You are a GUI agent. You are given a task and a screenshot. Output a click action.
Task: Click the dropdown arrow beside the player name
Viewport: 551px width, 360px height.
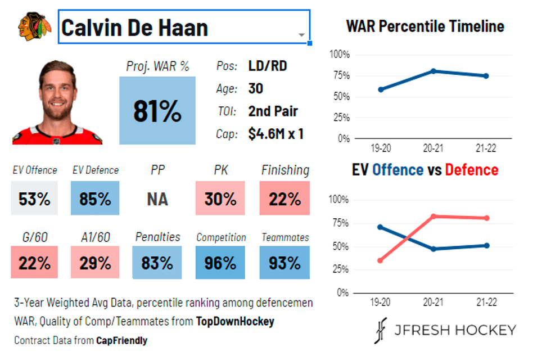click(x=301, y=35)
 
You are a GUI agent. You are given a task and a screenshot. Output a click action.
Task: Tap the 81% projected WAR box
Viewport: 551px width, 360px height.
click(x=157, y=111)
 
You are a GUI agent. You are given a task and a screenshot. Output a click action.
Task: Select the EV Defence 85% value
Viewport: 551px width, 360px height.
click(x=95, y=199)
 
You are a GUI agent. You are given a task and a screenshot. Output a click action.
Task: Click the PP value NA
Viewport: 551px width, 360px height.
click(x=157, y=199)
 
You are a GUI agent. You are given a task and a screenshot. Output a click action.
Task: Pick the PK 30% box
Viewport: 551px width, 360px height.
click(x=220, y=199)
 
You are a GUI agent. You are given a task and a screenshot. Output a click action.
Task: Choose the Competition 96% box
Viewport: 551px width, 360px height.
click(x=220, y=263)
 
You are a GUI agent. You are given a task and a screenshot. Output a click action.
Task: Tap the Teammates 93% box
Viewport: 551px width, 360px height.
click(x=285, y=263)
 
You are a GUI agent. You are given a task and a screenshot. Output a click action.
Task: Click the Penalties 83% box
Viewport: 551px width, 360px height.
click(x=157, y=263)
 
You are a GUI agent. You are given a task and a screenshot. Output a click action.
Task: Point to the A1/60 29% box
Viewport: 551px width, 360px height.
click(x=95, y=263)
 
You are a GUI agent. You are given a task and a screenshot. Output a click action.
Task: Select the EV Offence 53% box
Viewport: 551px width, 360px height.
click(x=34, y=199)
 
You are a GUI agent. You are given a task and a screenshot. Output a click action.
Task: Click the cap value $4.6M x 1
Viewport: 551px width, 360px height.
click(x=276, y=134)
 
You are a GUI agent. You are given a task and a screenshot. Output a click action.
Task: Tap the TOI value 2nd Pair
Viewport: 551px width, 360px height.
click(x=273, y=111)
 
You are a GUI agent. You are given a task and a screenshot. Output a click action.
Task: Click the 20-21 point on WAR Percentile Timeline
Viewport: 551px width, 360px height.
click(x=433, y=71)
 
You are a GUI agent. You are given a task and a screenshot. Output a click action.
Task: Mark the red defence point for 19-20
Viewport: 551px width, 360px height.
click(x=381, y=260)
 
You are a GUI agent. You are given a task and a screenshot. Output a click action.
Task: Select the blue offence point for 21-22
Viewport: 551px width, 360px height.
click(x=486, y=245)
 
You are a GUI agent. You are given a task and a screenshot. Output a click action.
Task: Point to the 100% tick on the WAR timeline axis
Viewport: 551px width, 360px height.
click(x=339, y=55)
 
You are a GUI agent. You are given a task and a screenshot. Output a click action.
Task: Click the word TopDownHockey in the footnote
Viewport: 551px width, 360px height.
click(x=235, y=322)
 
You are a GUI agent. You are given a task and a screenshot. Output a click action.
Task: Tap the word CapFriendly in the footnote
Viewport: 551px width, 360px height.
click(x=121, y=340)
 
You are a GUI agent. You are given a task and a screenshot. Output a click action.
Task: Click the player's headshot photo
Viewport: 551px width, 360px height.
click(x=57, y=104)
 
